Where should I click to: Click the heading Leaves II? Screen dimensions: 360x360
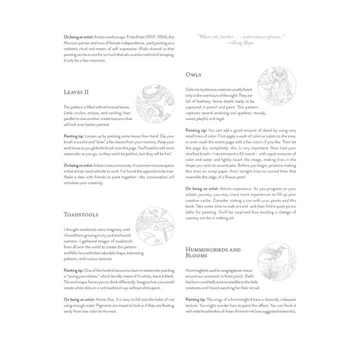coord(76,92)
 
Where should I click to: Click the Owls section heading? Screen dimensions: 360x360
coord(193,74)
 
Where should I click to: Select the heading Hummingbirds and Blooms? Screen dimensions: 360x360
coord(212,252)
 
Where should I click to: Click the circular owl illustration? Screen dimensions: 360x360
coord(276,86)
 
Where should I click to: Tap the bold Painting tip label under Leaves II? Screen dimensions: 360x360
coord(73,135)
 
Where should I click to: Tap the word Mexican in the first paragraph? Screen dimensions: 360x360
coord(71,43)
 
